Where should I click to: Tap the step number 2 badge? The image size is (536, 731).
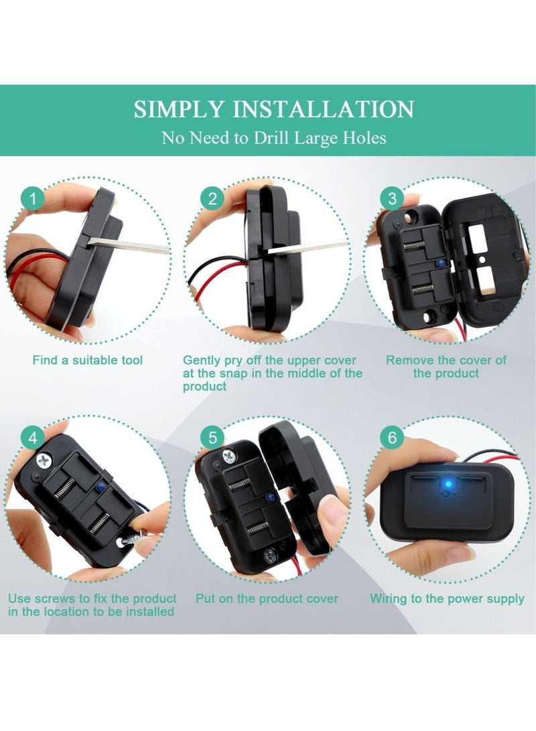click(213, 198)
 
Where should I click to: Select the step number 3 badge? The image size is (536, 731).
click(392, 198)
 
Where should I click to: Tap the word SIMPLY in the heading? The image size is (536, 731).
click(176, 109)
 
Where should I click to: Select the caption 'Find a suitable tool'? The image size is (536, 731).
click(88, 360)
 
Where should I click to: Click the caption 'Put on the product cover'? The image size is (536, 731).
click(267, 598)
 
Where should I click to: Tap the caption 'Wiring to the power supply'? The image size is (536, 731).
click(447, 598)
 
